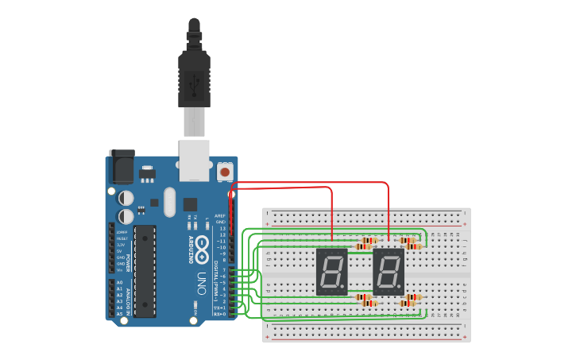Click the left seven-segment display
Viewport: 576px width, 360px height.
pos(332,271)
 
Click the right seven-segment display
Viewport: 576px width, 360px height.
pos(389,271)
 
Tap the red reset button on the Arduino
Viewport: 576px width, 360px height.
pos(225,171)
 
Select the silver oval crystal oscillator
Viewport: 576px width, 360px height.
pos(168,202)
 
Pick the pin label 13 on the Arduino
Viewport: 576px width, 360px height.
pos(222,228)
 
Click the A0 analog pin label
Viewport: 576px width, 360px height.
pos(119,283)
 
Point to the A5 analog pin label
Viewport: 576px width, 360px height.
pos(119,314)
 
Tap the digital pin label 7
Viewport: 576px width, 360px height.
pos(224,270)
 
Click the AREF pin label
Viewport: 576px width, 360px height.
pos(222,215)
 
